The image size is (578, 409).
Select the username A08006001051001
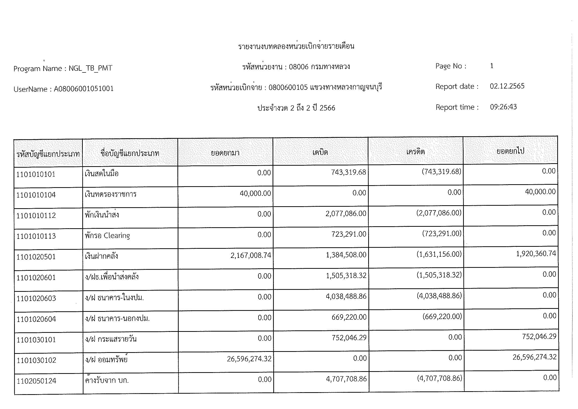click(84, 89)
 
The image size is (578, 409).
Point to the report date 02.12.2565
click(507, 86)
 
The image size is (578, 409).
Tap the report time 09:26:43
click(503, 107)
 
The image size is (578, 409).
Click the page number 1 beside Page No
click(492, 66)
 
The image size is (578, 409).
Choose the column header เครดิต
click(415, 152)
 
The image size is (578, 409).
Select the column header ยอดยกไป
click(510, 151)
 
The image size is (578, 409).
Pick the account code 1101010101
click(36, 174)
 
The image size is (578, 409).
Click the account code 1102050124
click(37, 381)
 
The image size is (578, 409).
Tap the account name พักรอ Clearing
click(107, 236)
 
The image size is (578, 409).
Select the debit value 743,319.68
click(348, 172)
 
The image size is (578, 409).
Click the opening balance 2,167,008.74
click(251, 255)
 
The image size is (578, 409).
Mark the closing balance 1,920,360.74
click(536, 254)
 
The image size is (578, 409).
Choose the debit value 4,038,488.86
click(346, 296)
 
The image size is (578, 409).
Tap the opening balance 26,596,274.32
click(249, 359)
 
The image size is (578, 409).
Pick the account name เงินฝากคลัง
click(102, 256)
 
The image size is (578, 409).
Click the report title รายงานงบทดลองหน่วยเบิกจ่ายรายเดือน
click(296, 46)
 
